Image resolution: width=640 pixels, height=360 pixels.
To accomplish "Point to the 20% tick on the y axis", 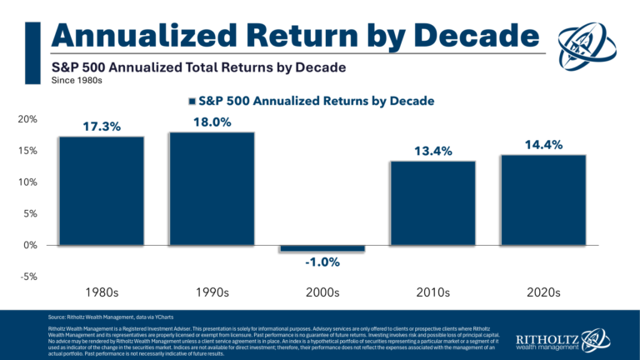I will click(x=27, y=119).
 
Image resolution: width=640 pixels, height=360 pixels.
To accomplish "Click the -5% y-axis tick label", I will click(x=27, y=277).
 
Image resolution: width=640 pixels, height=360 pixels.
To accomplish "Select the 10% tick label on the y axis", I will click(x=27, y=182).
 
